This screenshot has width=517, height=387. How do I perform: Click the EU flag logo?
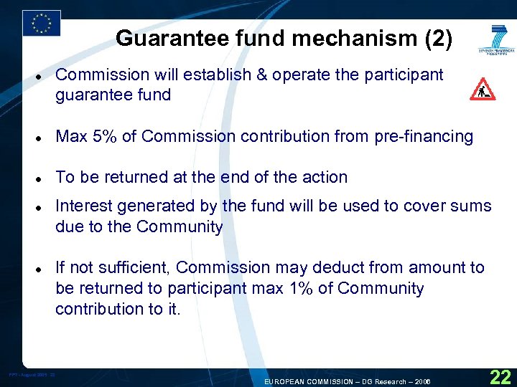41,23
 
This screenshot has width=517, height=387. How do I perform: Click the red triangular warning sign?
482,89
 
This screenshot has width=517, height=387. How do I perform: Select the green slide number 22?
500,376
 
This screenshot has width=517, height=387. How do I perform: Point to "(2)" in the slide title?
438,39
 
